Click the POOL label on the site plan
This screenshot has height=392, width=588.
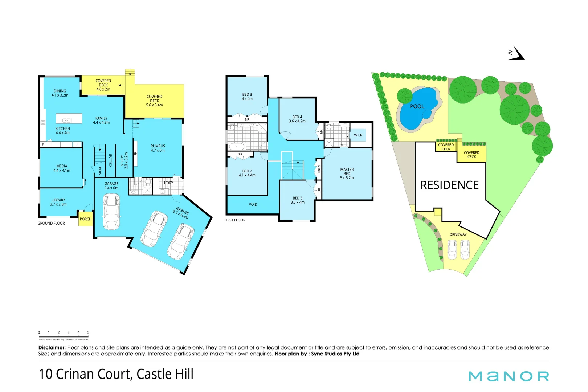tap(417, 106)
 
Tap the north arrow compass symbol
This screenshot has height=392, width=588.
tap(516, 53)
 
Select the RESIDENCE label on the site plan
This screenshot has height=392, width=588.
tap(449, 185)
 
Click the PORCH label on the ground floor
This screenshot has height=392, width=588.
tap(86, 219)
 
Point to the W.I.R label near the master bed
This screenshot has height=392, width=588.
tap(358, 135)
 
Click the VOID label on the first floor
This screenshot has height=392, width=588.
tap(253, 205)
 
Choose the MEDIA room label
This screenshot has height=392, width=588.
tap(62, 168)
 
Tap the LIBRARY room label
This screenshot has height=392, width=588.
tap(58, 202)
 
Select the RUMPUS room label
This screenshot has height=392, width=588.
tap(158, 148)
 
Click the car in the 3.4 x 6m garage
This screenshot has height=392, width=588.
tap(111, 212)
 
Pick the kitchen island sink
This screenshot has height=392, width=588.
tap(66, 120)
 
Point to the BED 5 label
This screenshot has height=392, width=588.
tap(297, 200)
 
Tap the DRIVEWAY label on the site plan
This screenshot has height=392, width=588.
tap(458, 234)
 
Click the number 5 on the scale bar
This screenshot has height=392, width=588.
tap(88, 332)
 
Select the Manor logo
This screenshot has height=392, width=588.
tap(509, 376)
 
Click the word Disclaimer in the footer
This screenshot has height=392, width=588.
tap(52, 347)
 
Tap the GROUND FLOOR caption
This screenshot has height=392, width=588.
tap(51, 224)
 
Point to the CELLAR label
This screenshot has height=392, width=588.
tap(111, 160)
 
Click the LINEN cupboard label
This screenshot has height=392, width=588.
tap(319, 169)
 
